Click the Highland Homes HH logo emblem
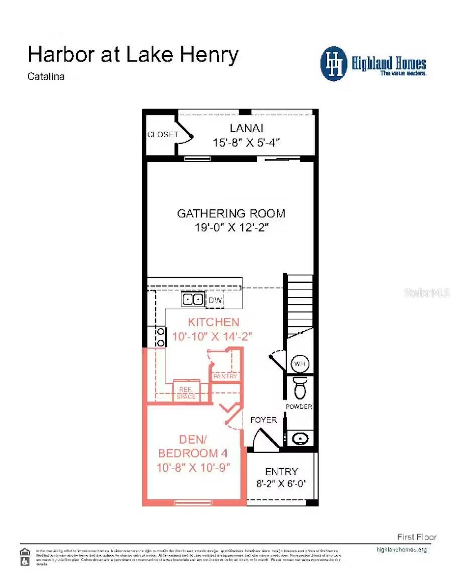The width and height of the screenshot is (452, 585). [x=334, y=64]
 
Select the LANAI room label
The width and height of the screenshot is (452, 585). [x=246, y=128]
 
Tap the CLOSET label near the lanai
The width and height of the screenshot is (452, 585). [x=162, y=135]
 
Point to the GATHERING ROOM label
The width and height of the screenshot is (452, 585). [x=231, y=213]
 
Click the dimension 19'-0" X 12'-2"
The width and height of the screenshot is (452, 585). [x=233, y=228]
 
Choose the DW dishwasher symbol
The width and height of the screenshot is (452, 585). [x=215, y=300]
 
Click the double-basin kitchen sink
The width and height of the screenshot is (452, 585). [x=193, y=300]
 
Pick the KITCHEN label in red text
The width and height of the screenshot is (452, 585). [x=213, y=322]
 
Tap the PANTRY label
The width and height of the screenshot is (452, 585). [x=225, y=376]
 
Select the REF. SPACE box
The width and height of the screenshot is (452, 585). [x=186, y=393]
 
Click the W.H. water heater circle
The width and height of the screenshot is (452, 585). [x=300, y=364]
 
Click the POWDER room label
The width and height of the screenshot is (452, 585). [x=299, y=407]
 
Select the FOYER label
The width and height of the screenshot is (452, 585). [x=263, y=420]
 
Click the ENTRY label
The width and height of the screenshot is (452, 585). [x=281, y=472]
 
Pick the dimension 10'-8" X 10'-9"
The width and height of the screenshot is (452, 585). [x=193, y=468]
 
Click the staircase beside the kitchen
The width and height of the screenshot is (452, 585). [x=300, y=302]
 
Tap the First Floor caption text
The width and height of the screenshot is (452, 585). [x=417, y=537]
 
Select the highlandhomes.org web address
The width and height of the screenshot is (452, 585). [x=401, y=549]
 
